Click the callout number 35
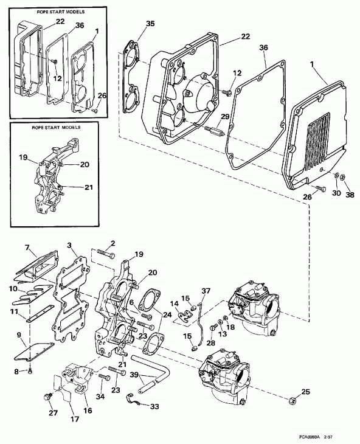tap(134, 25)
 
